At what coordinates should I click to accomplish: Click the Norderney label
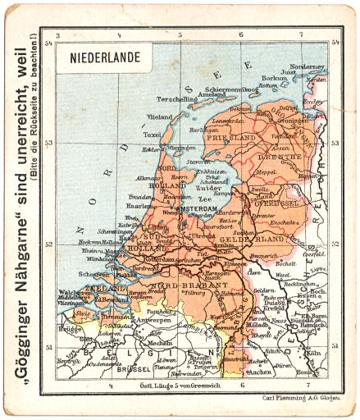[x=308, y=66]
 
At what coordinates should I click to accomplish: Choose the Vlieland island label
[x=160, y=117]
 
